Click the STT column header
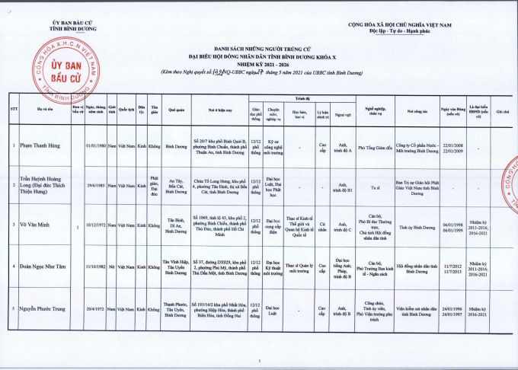[14, 110]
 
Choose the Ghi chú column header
[501, 111]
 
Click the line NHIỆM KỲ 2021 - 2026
[259, 63]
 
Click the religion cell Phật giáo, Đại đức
[155, 185]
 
